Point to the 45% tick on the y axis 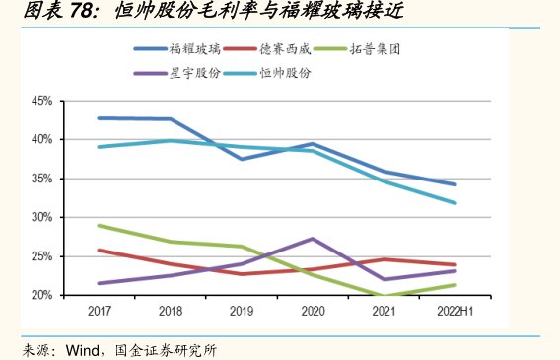(40, 101)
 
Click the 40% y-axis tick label (40, 139)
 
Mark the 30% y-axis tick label (40, 217)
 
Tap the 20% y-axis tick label (40, 295)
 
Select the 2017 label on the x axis (99, 312)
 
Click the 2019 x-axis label (241, 312)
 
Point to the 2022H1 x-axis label (455, 312)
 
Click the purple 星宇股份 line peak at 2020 (312, 239)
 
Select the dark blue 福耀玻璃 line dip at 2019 (241, 159)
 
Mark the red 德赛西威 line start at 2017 (99, 251)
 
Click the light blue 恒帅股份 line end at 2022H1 (455, 203)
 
